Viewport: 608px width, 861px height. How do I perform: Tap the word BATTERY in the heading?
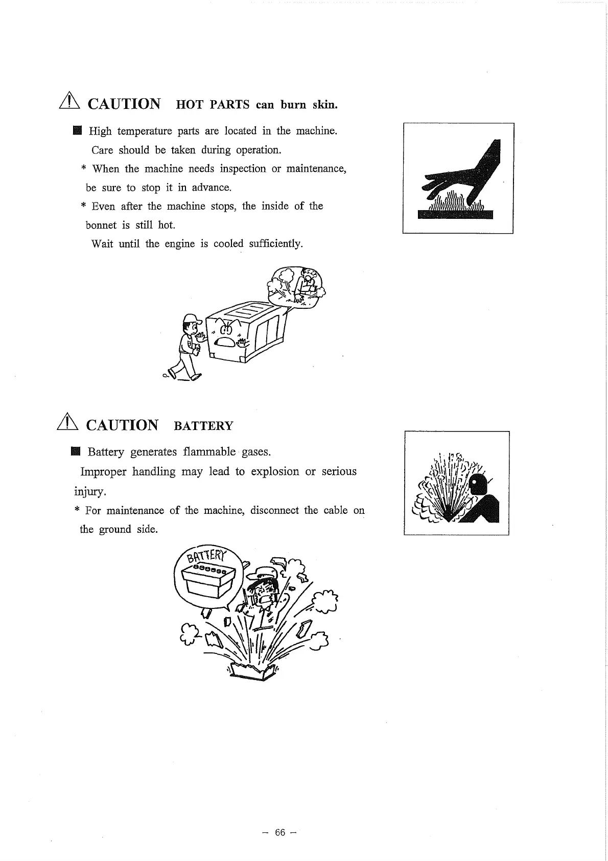click(203, 426)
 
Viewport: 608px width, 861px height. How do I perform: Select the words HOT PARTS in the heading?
click(213, 105)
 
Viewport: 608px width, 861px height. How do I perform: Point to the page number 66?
click(279, 832)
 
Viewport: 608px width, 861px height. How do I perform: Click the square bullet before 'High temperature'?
click(77, 131)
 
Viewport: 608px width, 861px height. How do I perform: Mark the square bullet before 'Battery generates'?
click(76, 452)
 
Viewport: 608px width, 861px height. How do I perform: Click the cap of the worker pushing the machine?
click(190, 319)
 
